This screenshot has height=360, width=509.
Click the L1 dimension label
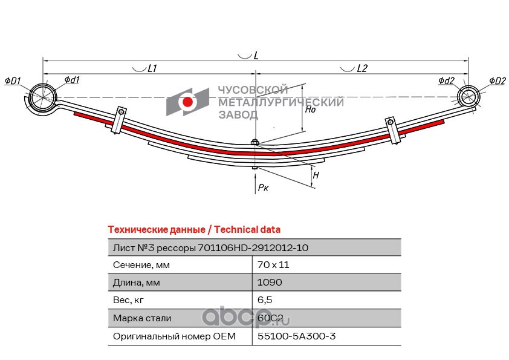coord(152,69)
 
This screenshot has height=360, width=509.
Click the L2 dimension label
coord(362,69)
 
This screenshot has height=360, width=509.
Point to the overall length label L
coord(256,56)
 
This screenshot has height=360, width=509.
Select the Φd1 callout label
coord(72,80)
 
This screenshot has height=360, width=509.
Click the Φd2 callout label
coord(447,80)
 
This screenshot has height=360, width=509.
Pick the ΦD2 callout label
coord(498,80)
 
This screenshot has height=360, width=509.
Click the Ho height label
coord(310,110)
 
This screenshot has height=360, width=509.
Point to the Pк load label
coord(263,188)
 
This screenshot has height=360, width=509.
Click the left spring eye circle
coord(42,97)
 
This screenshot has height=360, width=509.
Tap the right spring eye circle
coord(468,96)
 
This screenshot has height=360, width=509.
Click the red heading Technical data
coord(193,229)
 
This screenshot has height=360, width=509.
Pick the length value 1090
coord(270,282)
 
